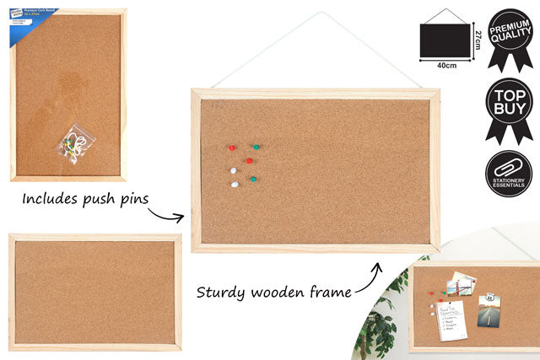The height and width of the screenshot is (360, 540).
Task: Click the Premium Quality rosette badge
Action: coord(509,38)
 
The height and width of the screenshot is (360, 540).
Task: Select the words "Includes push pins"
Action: coord(85,200)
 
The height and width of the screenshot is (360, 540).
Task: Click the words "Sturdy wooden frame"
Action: coord(274,293)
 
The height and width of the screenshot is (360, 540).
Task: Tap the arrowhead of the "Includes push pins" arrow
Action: coord(181,218)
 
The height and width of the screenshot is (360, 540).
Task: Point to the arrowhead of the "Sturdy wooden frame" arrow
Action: coord(377,269)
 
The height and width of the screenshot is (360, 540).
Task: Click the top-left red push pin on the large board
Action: coord(231,148)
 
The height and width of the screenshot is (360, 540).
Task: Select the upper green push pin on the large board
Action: coord(254,147)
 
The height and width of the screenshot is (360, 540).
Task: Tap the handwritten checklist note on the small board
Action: coord(451,320)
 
